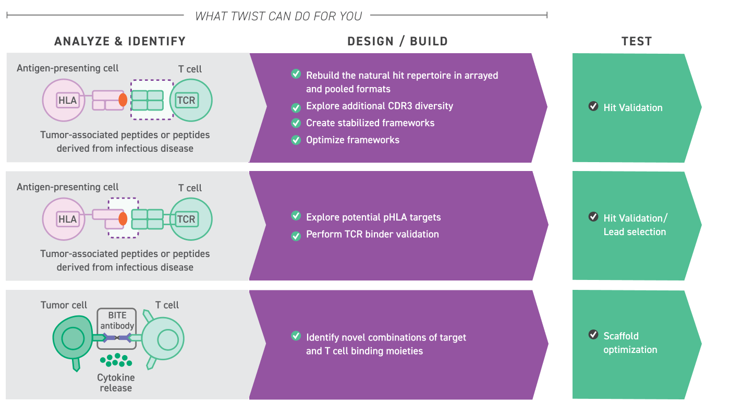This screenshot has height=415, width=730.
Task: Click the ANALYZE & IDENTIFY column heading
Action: click(x=120, y=42)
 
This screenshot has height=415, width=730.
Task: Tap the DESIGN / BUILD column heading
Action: click(x=398, y=42)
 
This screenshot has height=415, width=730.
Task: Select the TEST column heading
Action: click(x=637, y=42)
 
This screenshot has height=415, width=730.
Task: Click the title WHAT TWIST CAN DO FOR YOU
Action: click(x=278, y=16)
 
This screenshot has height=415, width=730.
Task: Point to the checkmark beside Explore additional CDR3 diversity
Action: click(x=296, y=107)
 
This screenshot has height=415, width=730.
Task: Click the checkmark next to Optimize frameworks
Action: click(x=296, y=140)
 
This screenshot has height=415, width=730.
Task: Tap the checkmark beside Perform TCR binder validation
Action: click(x=296, y=236)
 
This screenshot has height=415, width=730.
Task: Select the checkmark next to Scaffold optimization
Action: click(x=593, y=335)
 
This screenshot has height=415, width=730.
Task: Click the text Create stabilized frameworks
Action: click(x=370, y=123)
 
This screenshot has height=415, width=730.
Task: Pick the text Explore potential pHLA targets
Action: click(x=373, y=217)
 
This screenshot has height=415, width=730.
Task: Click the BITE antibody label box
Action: click(x=117, y=321)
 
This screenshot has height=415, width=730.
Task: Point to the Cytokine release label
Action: click(x=116, y=383)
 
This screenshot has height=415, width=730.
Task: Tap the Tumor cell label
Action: click(x=64, y=305)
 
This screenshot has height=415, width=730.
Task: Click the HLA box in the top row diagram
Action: click(x=67, y=100)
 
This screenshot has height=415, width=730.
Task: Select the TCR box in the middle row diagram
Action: click(x=186, y=219)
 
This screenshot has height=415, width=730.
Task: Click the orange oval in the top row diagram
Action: click(x=123, y=100)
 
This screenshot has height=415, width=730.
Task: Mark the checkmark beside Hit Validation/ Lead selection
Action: click(x=593, y=216)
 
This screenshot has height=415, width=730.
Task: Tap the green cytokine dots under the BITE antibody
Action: click(x=115, y=360)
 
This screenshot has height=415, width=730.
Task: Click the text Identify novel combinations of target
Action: click(x=386, y=337)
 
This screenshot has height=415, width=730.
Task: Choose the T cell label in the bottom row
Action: click(x=167, y=305)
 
